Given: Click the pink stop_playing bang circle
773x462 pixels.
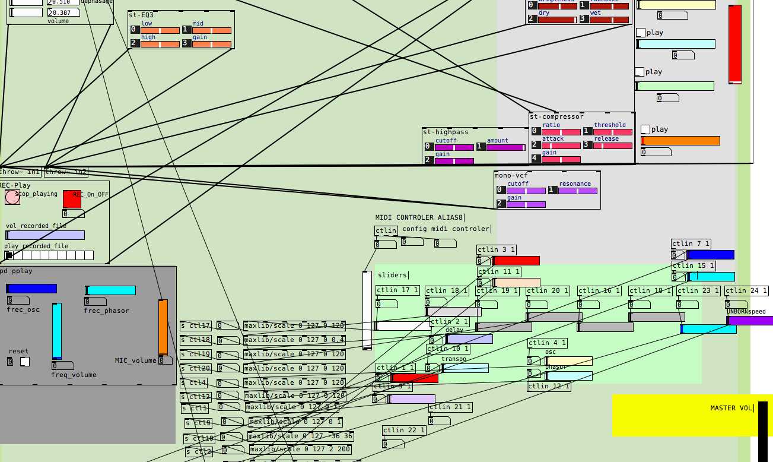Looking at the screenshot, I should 12,197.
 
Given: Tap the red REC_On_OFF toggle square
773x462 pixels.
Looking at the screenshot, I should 72,200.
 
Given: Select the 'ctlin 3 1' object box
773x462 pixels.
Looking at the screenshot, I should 497,250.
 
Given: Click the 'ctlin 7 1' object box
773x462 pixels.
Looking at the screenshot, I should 691,244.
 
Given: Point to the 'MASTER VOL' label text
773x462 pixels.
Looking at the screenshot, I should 731,409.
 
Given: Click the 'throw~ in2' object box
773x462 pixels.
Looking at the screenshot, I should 66,172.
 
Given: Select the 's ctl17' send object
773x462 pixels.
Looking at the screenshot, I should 196,326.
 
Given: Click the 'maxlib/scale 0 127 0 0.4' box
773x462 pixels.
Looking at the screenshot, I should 295,340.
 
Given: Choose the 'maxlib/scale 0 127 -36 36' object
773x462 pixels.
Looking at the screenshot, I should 300,436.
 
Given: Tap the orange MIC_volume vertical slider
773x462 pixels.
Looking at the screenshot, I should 163,327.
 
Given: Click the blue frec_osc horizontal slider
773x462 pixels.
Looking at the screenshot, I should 31,289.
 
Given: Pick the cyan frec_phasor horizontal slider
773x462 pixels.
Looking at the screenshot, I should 110,290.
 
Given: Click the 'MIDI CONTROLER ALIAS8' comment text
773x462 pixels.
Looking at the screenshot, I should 419,217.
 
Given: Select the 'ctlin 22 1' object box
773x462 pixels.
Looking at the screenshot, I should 404,431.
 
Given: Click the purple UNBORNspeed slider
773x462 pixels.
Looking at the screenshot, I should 750,321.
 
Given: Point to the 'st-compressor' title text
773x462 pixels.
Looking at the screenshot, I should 556,117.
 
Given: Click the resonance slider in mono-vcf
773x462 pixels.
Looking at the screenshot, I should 577,191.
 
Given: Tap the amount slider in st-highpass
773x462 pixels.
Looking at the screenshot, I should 505,148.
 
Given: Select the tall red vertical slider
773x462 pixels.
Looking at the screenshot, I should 734,45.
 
